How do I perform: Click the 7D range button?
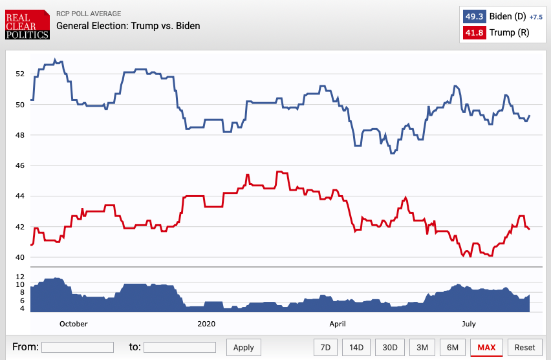(x=325, y=347)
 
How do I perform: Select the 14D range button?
(x=357, y=347)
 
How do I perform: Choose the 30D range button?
(x=390, y=347)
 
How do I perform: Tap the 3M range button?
(x=422, y=347)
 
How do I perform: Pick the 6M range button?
(x=452, y=347)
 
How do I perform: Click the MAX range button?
(x=486, y=347)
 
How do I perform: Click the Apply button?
(x=244, y=347)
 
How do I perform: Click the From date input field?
(x=78, y=347)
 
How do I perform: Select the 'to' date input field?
(x=179, y=347)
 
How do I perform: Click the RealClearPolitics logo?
(x=27, y=25)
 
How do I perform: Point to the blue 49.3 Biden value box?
(x=473, y=16)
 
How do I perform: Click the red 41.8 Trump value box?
(x=473, y=33)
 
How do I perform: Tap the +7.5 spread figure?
(x=535, y=17)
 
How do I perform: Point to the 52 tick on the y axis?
(x=19, y=74)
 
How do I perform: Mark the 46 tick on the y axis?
(x=19, y=166)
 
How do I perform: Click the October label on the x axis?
(x=73, y=324)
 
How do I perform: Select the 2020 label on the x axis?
(x=206, y=324)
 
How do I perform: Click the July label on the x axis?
(x=468, y=324)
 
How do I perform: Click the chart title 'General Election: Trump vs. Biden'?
(x=128, y=26)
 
